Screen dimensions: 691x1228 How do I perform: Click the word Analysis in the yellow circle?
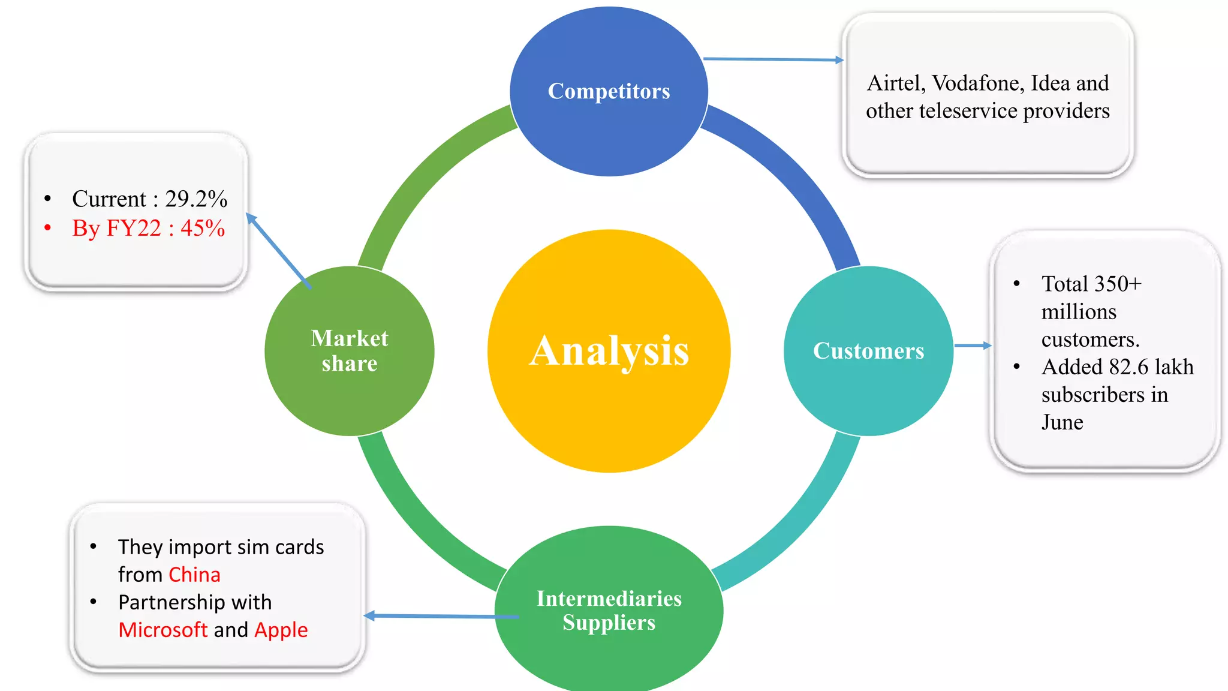[x=609, y=351]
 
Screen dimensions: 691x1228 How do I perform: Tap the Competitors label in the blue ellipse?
[x=609, y=91]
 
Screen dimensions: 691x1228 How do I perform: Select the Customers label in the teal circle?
[x=868, y=351]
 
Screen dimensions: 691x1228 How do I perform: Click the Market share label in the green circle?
[x=350, y=351]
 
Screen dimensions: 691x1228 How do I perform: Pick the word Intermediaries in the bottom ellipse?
[x=609, y=599]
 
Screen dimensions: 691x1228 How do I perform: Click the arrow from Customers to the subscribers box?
[x=972, y=345]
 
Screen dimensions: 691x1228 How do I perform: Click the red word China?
[x=194, y=575]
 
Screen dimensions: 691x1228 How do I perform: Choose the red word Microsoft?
[x=162, y=630]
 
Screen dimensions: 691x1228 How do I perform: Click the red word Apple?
[x=281, y=630]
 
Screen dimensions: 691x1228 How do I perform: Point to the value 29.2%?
[x=196, y=199]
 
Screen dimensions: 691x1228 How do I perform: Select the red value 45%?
[x=203, y=228]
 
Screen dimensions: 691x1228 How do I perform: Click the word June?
[x=1062, y=422]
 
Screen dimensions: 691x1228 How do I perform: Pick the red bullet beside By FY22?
[x=48, y=228]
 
